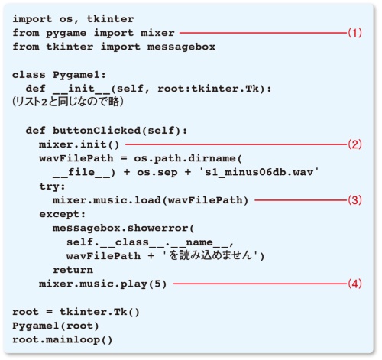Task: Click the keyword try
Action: [x=48, y=187]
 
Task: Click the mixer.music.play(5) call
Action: [x=102, y=284]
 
